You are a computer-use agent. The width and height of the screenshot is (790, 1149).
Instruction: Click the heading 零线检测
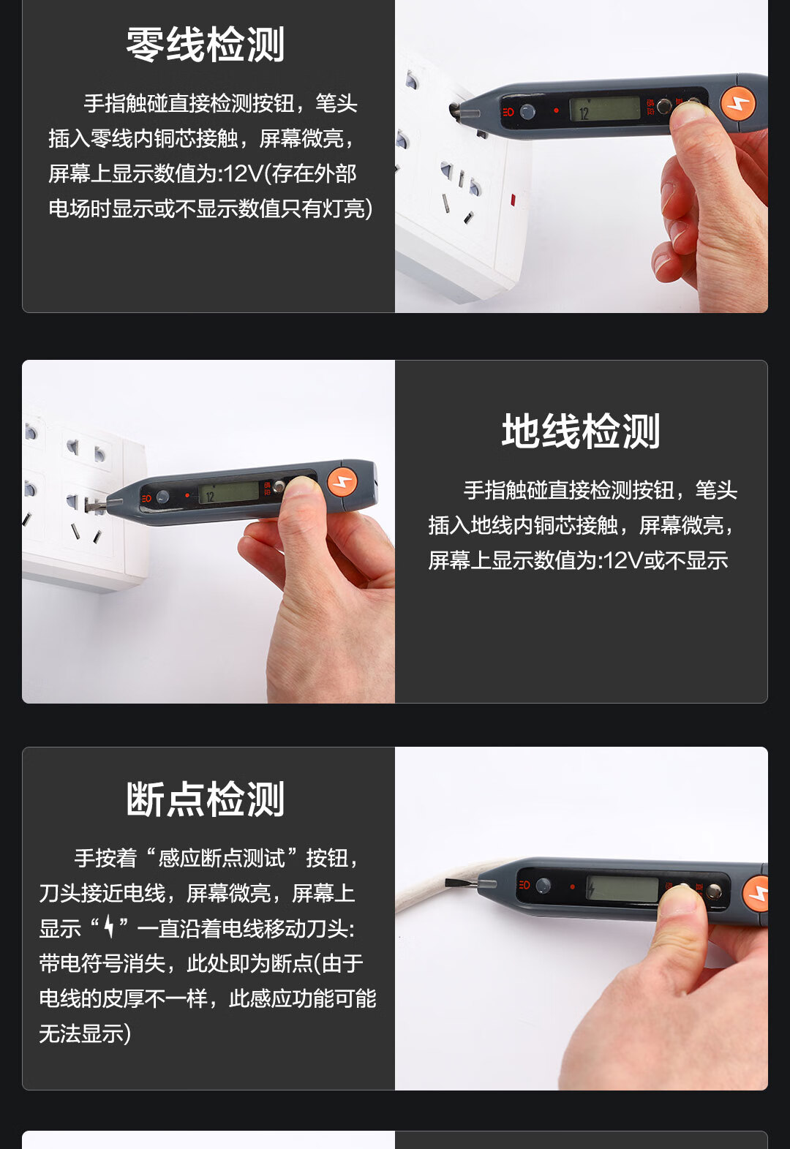coord(206,45)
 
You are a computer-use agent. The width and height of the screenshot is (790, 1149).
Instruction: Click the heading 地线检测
coord(581,432)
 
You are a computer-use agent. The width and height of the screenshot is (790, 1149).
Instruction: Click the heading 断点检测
coord(206,799)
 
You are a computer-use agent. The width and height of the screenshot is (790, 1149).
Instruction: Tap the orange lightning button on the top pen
coord(738,102)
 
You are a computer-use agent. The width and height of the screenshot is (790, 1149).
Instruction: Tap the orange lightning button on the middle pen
coord(342,482)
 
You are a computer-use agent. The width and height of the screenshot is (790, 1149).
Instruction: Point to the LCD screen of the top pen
coord(605,109)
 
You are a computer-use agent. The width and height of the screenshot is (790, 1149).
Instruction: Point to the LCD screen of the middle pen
coord(229,493)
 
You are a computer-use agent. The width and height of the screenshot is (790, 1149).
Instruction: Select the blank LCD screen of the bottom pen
coord(622,889)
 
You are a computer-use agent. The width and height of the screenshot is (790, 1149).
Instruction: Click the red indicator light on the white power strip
coord(513,199)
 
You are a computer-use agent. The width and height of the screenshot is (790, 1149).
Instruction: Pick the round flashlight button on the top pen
coord(527,111)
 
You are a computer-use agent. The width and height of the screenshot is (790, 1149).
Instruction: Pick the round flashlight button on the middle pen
coord(162,497)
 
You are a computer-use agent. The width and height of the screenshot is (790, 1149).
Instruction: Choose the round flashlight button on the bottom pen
coord(543,886)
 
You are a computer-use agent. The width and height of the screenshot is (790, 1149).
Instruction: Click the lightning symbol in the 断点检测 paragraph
coord(109,927)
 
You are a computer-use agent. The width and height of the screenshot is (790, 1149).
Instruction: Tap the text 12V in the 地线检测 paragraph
coord(622,560)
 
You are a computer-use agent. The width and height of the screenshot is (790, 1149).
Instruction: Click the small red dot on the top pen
coord(556,110)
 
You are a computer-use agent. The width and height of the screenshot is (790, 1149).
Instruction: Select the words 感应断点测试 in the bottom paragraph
coord(221,858)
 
